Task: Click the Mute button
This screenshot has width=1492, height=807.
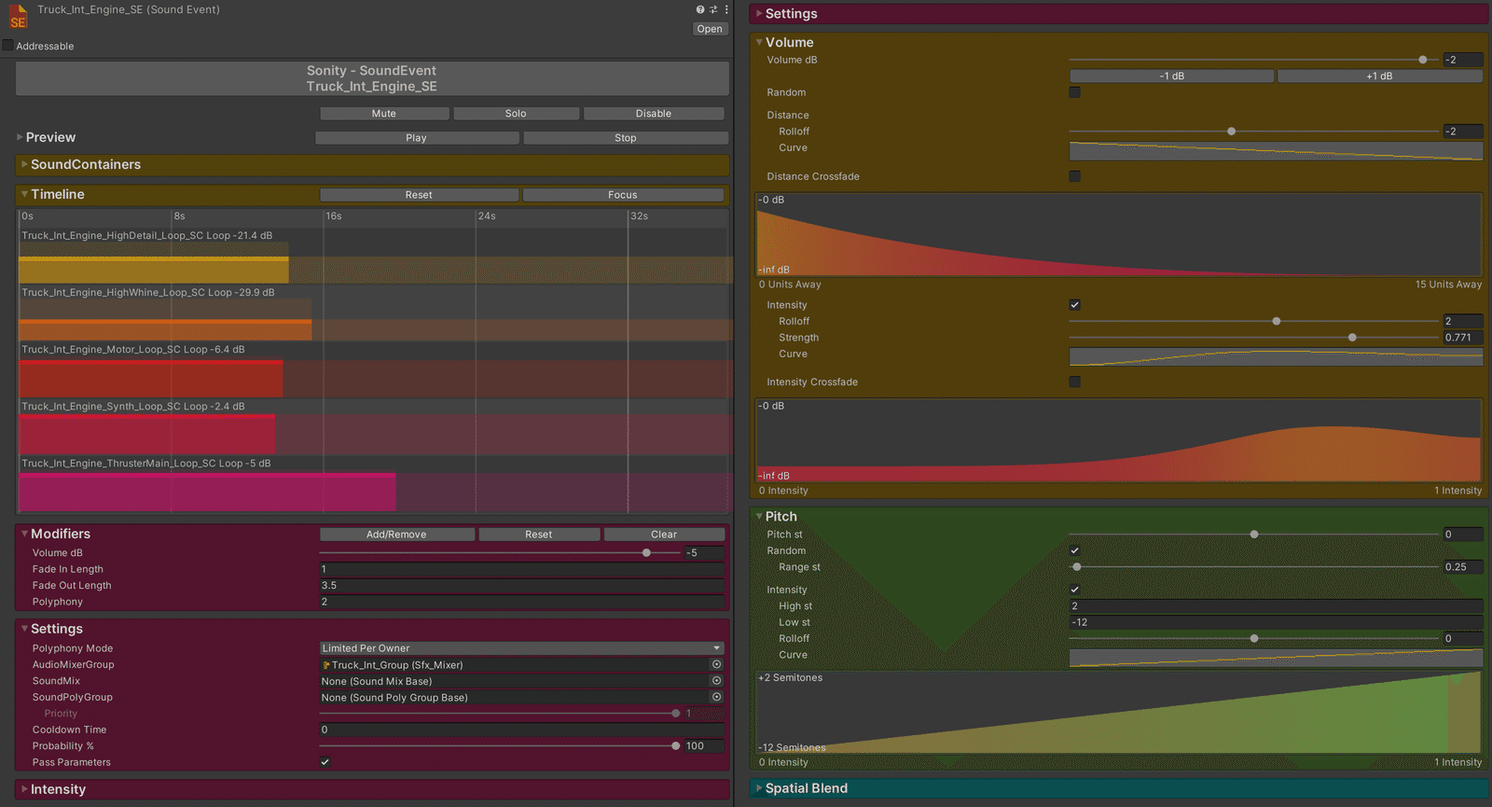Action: click(383, 113)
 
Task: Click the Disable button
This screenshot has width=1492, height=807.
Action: click(654, 113)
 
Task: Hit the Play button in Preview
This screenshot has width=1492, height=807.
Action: click(416, 138)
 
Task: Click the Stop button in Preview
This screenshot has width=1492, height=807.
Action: click(626, 138)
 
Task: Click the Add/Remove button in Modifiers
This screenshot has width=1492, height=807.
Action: click(396, 535)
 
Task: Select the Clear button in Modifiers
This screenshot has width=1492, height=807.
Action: click(664, 535)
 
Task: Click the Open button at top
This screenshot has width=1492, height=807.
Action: click(710, 29)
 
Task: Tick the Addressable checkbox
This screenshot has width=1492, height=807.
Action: click(8, 46)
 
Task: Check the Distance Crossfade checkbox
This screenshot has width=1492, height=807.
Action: click(1074, 176)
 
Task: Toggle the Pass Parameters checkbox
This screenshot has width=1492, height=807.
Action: click(325, 761)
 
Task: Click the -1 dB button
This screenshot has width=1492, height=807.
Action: click(1171, 76)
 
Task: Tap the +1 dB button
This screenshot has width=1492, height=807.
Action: click(1379, 76)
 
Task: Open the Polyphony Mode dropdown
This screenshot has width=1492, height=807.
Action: click(521, 647)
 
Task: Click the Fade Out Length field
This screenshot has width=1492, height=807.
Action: click(521, 585)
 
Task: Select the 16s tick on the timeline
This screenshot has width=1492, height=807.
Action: click(334, 216)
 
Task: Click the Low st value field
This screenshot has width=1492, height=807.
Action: click(1276, 621)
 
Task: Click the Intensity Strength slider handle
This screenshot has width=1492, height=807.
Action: click(1352, 337)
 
